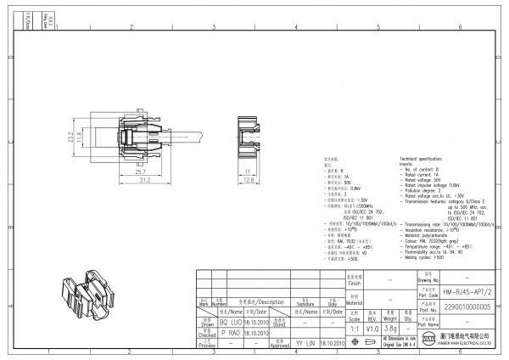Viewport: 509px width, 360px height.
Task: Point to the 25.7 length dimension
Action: [x=116, y=172]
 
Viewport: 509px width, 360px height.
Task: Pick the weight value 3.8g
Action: [x=391, y=327]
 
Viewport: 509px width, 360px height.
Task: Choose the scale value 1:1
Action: [x=353, y=327]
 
